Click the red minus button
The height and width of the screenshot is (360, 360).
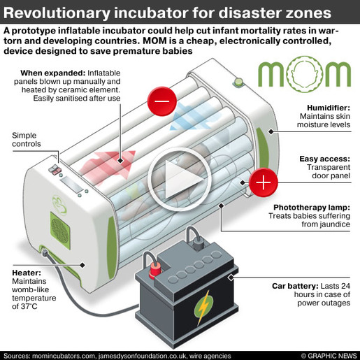[x=162, y=101]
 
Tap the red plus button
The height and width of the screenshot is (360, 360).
[x=264, y=182]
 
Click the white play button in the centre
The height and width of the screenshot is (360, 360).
[x=180, y=180]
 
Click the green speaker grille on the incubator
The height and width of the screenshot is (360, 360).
[x=60, y=230]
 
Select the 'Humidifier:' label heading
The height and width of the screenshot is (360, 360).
[x=329, y=108]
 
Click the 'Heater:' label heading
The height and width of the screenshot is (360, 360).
[x=27, y=273]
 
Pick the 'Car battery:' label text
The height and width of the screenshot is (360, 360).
[x=295, y=286]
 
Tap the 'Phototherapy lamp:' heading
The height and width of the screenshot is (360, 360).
[x=312, y=208]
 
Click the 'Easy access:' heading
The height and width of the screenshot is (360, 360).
[x=325, y=159]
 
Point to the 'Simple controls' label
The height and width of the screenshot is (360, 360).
[x=27, y=140]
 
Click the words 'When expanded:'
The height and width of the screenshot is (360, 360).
[x=53, y=73]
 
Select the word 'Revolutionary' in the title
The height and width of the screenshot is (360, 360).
[x=57, y=13]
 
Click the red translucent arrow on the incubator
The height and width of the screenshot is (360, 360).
[x=107, y=166]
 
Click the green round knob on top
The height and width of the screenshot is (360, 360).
[x=238, y=82]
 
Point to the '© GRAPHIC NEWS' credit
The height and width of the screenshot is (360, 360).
[x=329, y=356]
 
